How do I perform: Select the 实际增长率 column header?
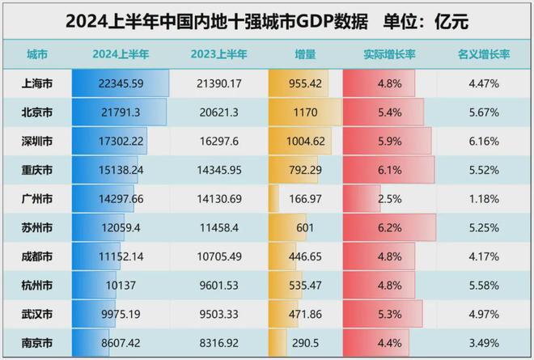(390, 54)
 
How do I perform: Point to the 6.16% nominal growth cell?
(482, 141)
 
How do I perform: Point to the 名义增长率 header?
(483, 54)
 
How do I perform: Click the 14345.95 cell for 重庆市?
(219, 170)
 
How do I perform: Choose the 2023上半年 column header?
(218, 54)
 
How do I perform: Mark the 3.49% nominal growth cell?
(482, 344)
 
